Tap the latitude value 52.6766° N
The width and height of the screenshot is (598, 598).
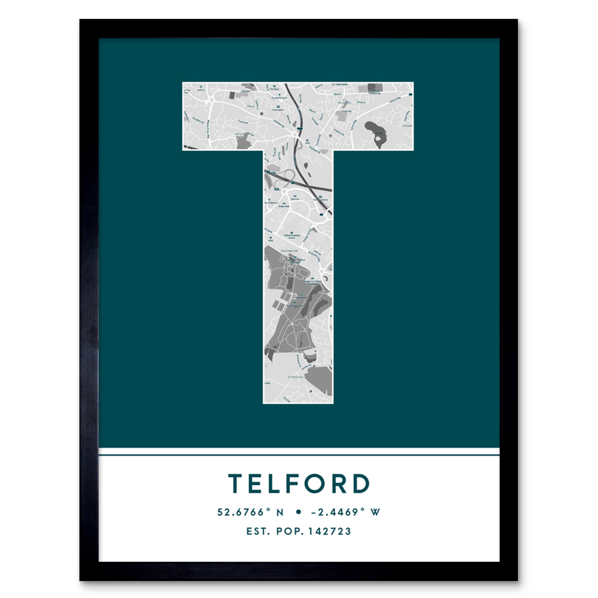coord(250,512)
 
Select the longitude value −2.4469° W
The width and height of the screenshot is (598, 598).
coord(346,512)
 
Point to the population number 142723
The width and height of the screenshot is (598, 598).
coord(330,531)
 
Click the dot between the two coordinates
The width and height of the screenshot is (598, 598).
coord(298,512)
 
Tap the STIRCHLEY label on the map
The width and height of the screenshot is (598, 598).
coord(295,377)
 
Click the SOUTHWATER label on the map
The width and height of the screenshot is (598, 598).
coord(289,251)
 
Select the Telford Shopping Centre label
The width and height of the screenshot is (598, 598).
coord(291,236)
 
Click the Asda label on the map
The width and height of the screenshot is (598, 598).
coord(271,240)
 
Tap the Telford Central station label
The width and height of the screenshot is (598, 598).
coord(320,200)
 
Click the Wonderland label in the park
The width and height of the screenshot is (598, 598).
coord(301,298)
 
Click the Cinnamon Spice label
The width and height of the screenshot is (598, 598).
coord(279,98)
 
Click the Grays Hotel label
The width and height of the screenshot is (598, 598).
coord(284,206)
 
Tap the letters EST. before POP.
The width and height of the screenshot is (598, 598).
coord(257,531)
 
